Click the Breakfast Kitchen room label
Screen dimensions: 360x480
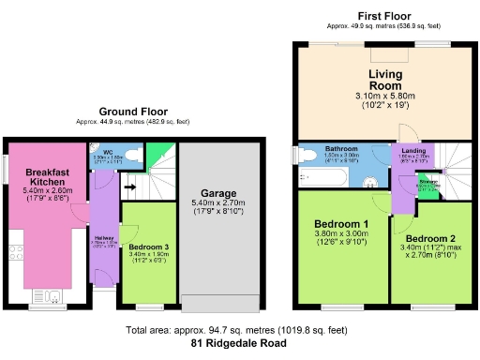tap(45, 177)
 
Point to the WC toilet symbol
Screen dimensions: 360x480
tap(132, 155)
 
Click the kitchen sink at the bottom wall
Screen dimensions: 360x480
tap(52, 298)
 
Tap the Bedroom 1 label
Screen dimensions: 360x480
tap(342, 226)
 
